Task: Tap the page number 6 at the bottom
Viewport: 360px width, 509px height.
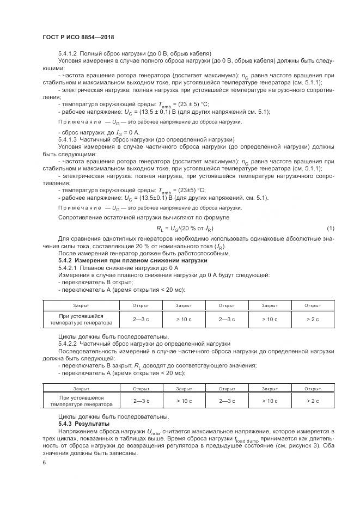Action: tap(44, 462)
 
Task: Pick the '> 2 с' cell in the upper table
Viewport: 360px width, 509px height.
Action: tap(313, 319)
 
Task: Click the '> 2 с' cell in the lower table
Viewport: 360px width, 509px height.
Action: tap(313, 401)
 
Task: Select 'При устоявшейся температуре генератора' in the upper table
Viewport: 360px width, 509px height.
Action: tap(81, 319)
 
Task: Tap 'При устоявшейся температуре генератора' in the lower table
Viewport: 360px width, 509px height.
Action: tap(81, 401)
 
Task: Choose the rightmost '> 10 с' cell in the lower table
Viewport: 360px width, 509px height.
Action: tap(270, 401)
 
